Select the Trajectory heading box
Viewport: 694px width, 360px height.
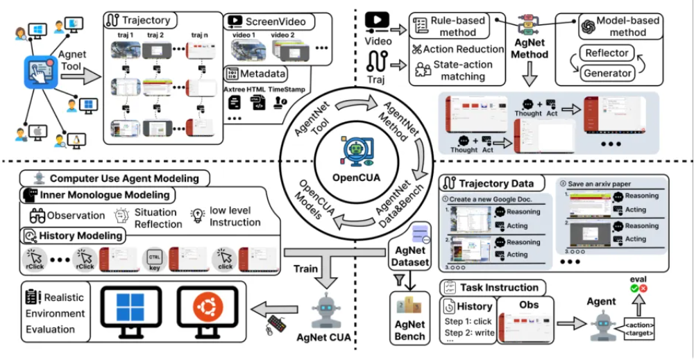pyautogui.click(x=142, y=21)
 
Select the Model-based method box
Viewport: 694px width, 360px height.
pyautogui.click(x=619, y=26)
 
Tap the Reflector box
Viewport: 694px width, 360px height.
pyautogui.click(x=607, y=53)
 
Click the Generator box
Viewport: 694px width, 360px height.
pyautogui.click(x=607, y=73)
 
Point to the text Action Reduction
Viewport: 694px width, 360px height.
pyautogui.click(x=463, y=49)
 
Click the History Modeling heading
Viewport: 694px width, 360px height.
pyautogui.click(x=72, y=236)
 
